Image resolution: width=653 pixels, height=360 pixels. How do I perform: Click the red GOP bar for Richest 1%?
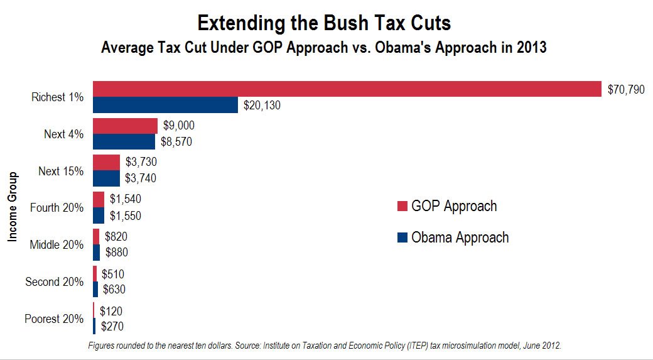[347, 89]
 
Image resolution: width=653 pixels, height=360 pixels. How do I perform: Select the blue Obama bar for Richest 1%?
[165, 105]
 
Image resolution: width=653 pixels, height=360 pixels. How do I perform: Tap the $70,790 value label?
[626, 90]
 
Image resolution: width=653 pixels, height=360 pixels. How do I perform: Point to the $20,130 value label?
[262, 106]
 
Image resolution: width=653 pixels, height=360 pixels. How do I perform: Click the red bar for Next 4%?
[125, 126]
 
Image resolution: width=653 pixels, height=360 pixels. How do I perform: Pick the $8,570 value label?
[176, 142]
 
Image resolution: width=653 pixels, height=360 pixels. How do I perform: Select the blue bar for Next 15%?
[106, 178]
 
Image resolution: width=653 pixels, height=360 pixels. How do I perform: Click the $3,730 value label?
[141, 161]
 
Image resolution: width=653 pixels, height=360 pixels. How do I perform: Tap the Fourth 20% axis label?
[57, 207]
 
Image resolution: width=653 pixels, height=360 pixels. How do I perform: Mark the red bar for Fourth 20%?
[99, 200]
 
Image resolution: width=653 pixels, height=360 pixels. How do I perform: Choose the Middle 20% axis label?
[57, 244]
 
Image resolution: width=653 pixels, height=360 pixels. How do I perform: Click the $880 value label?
[117, 253]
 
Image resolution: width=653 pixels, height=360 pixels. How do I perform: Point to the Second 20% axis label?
[55, 281]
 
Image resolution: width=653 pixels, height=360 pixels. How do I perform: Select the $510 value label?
[113, 274]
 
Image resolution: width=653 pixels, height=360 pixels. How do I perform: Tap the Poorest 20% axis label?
[54, 319]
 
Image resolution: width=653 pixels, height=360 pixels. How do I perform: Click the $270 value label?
[112, 326]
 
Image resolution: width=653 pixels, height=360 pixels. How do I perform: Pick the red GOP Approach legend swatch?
[402, 206]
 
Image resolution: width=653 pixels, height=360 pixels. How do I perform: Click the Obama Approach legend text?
[460, 237]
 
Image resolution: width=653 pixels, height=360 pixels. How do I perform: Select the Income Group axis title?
[13, 207]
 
